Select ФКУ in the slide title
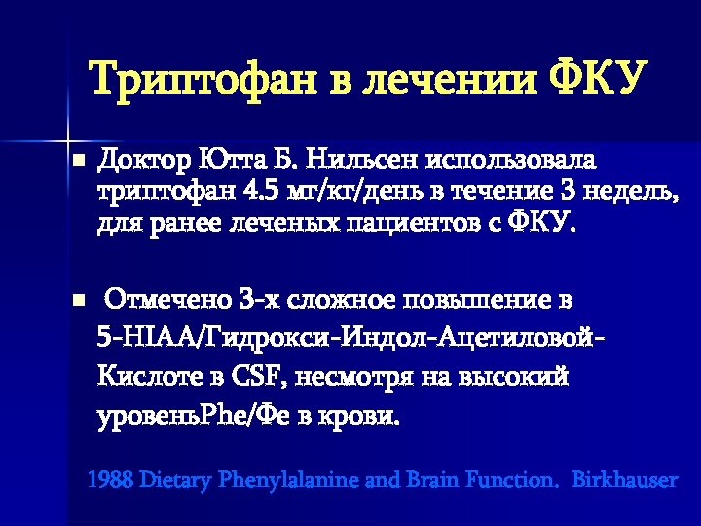point(598,79)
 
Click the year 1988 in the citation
point(110,480)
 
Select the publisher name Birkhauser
point(625,480)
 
